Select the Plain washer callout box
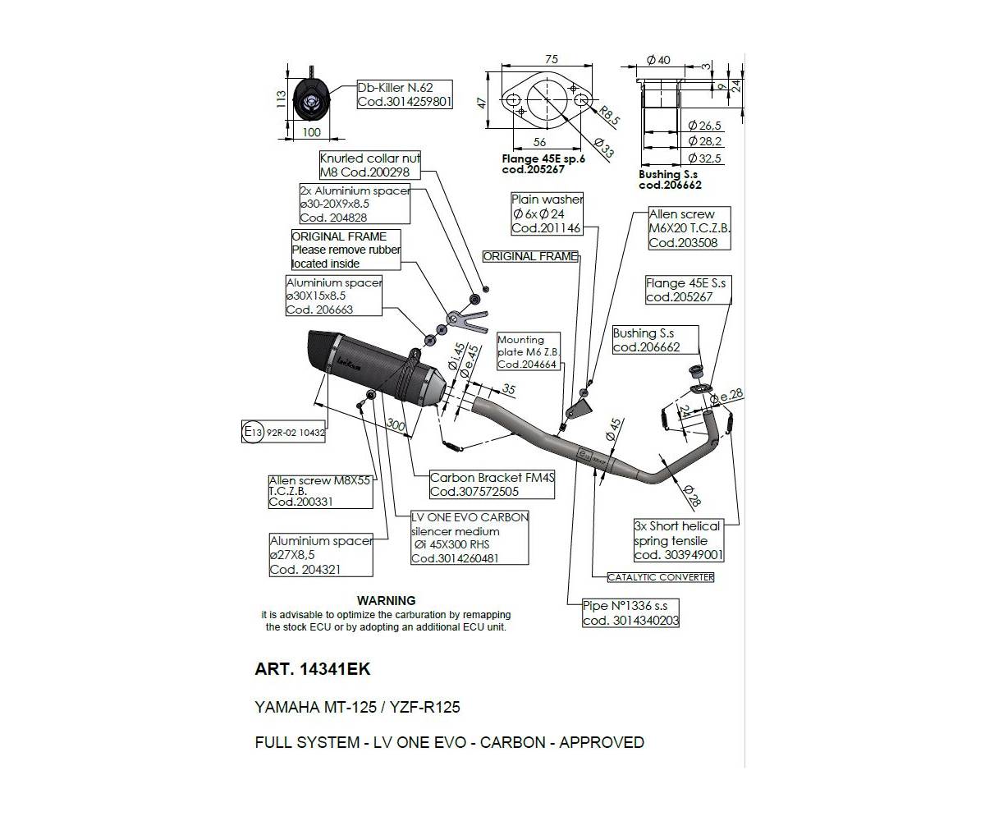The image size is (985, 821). pos(547,213)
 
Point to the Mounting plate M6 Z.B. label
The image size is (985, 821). pos(530,351)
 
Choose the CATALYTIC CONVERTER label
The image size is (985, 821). pos(661,577)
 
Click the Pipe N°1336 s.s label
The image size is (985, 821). pos(630,613)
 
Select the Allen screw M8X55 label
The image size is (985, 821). pos(309,491)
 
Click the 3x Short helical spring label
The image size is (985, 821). pos(679,540)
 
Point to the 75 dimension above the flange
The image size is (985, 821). pos(551,59)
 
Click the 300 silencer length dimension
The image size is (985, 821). pos(396,425)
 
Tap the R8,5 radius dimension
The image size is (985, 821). pos(609,115)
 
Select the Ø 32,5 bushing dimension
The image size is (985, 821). pos(705,158)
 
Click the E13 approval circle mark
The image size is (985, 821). pos(252,432)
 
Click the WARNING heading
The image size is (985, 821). pos(386,601)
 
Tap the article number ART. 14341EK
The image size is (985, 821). pos(313,669)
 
